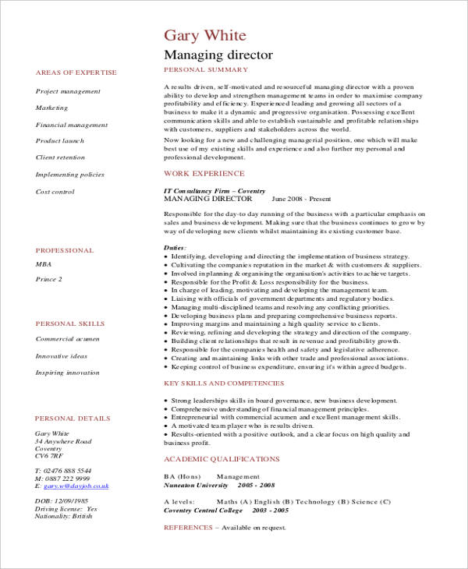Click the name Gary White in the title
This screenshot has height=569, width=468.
205,36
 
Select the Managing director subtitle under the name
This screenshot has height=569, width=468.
218,55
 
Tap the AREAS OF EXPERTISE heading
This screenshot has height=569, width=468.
76,72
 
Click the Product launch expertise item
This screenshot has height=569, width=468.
60,141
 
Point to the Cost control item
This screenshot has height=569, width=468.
55,192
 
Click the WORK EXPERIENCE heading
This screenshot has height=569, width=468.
204,173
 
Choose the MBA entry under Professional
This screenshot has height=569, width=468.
44,264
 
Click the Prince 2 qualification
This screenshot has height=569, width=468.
48,279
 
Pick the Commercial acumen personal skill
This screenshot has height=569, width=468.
68,339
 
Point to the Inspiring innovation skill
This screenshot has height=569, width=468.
67,373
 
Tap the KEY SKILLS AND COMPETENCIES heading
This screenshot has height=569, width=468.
224,383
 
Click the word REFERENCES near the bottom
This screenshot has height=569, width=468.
188,528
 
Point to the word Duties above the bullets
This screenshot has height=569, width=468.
175,247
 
